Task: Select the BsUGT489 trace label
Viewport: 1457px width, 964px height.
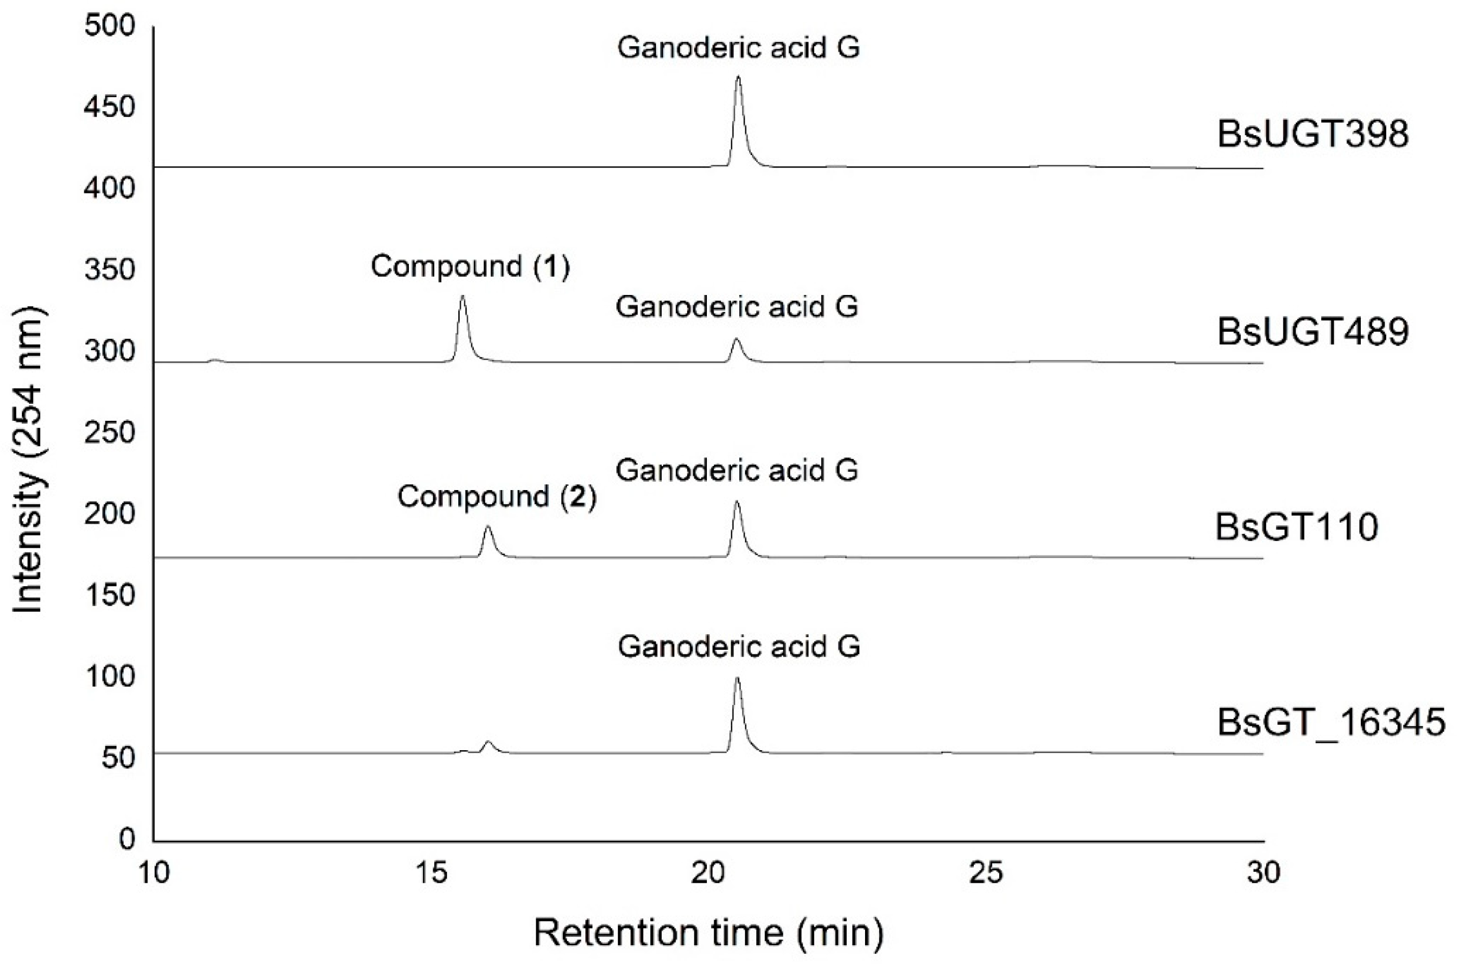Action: pos(1312,332)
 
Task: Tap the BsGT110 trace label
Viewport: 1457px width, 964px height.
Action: pos(1297,527)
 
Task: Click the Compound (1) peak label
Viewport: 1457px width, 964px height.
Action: pos(470,266)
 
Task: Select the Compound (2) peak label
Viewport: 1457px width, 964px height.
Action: pos(497,496)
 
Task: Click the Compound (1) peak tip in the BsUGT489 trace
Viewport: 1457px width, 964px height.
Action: pos(462,297)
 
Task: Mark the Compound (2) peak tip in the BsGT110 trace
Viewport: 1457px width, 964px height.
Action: pos(487,527)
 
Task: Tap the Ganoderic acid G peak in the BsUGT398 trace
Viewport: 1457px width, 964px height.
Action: pos(738,78)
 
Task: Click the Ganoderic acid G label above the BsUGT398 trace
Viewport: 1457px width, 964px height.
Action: pos(738,47)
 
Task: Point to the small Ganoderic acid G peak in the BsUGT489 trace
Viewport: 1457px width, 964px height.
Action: pos(736,339)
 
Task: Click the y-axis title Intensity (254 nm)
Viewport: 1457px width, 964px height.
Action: pos(28,460)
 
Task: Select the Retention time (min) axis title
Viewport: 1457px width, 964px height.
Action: pos(708,933)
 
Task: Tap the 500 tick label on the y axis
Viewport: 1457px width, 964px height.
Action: pos(109,27)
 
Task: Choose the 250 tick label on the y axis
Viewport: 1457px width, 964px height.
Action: pos(109,432)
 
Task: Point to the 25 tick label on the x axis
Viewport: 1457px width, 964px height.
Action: pos(986,873)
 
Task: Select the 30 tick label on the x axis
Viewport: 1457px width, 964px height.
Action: pos(1264,873)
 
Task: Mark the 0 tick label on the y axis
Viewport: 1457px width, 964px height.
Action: pos(126,839)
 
